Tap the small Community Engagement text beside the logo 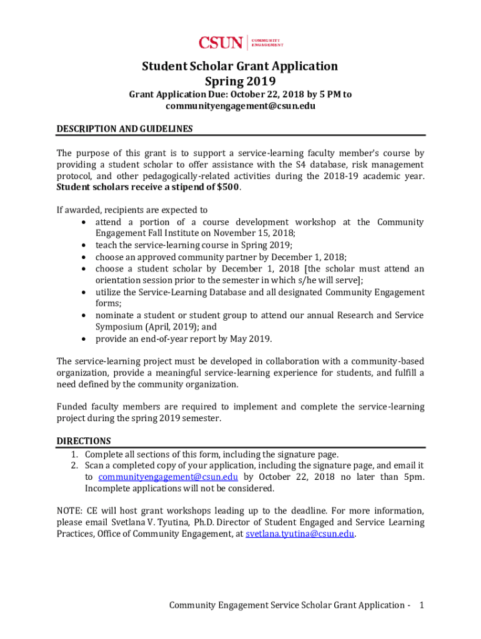tap(267, 42)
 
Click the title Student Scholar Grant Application tap(240, 66)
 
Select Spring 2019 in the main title tap(240, 81)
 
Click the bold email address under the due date tap(240, 106)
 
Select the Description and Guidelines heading tap(124, 129)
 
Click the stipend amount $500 tap(227, 187)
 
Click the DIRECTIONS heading tap(84, 441)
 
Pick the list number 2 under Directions tap(73, 466)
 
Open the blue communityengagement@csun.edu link tap(168, 477)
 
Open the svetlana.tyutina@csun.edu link tap(300, 534)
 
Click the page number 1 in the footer tap(422, 605)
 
